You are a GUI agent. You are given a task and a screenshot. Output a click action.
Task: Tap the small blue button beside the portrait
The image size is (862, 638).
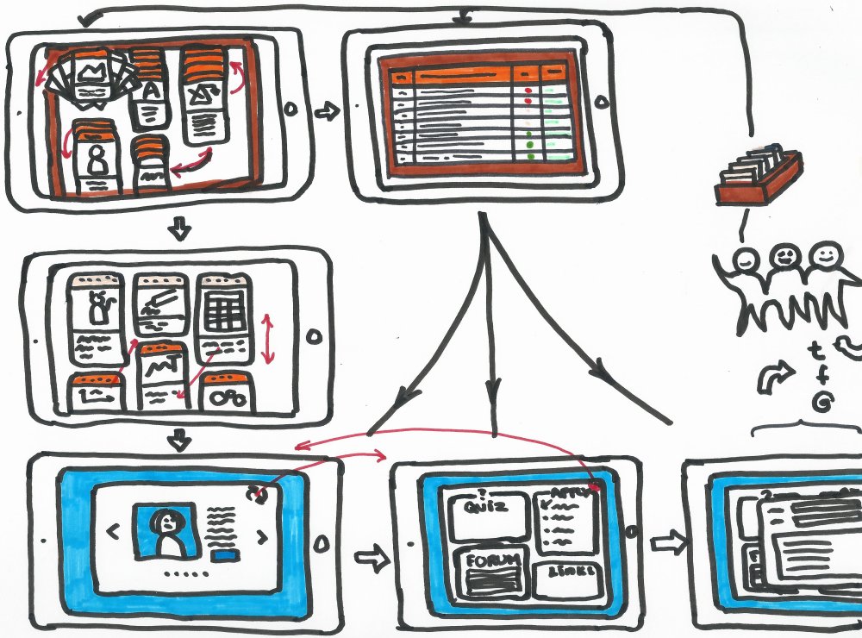click(227, 558)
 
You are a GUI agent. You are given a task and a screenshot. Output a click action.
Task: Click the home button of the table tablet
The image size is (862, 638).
click(602, 103)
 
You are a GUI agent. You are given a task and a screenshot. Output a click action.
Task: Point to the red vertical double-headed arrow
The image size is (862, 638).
click(269, 340)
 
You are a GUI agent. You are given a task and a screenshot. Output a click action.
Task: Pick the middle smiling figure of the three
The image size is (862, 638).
click(784, 259)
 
